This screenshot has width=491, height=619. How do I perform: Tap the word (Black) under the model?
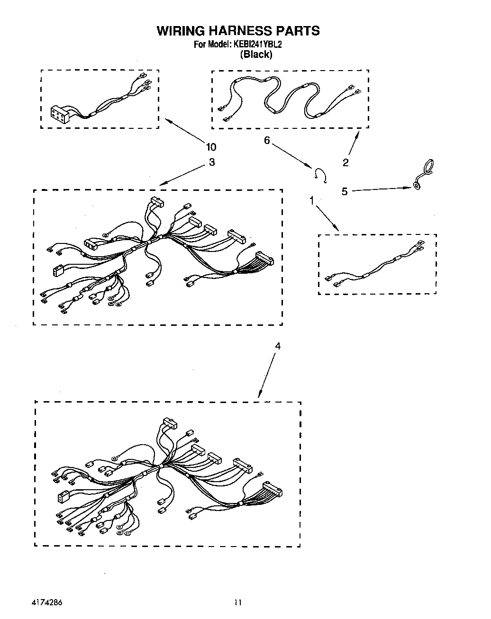256,54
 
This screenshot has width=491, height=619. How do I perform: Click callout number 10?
211,147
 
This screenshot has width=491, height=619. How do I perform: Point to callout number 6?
267,141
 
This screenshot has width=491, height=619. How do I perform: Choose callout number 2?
346,163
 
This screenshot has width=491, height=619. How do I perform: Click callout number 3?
211,162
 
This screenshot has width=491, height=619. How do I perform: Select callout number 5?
345,191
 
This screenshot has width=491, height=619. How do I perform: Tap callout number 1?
312,201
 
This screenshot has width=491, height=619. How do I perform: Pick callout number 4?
278,346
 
